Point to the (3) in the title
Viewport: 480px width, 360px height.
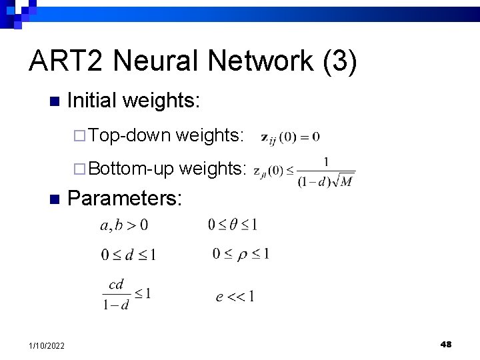(340, 62)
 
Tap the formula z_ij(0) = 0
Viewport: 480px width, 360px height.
(290, 137)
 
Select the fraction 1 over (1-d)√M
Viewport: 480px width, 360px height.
(326, 173)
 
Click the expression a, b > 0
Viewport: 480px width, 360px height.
(124, 225)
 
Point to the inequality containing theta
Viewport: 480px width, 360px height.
(233, 225)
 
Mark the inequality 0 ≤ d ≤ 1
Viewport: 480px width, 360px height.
(129, 255)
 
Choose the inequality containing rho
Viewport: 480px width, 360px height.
(241, 253)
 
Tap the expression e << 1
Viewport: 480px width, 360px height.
(235, 297)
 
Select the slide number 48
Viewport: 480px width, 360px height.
(446, 344)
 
